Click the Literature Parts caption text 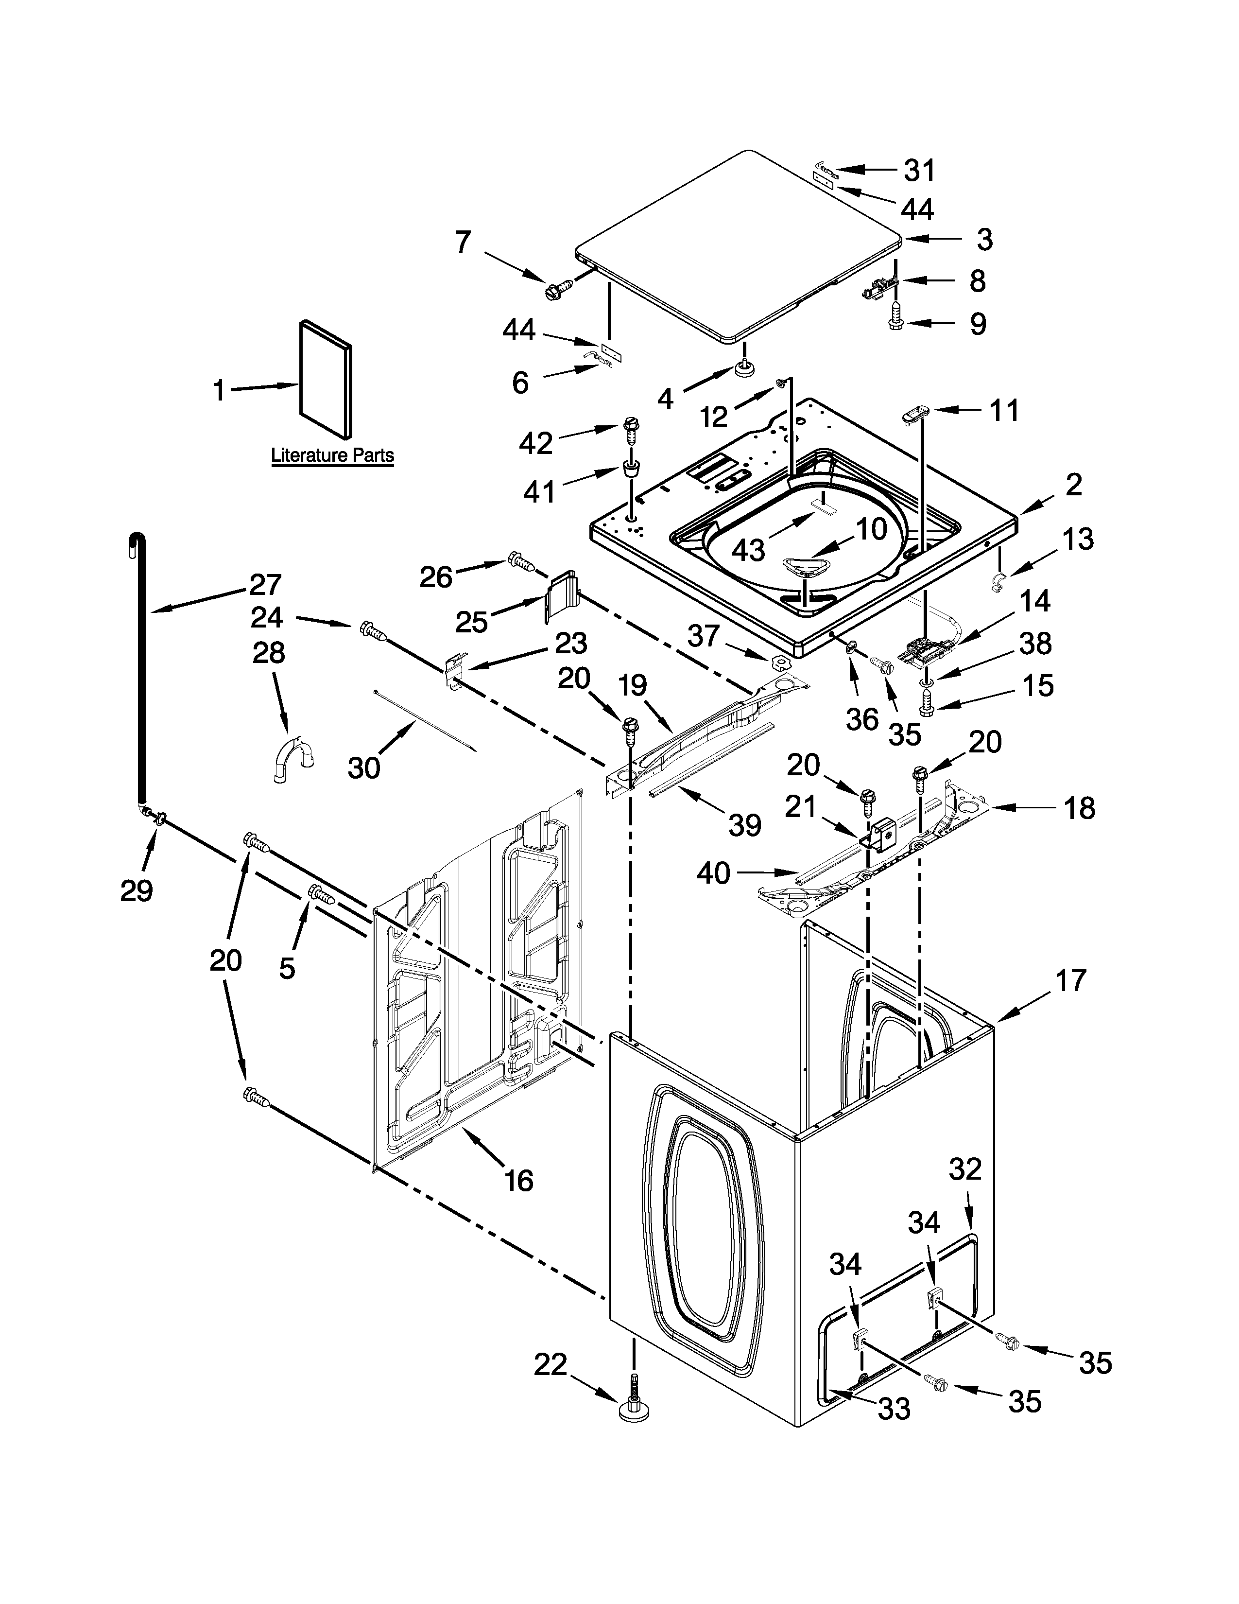[332, 455]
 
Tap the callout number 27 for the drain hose [265, 585]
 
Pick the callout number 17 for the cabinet [1071, 980]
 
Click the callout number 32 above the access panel [964, 1168]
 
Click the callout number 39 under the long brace [744, 825]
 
